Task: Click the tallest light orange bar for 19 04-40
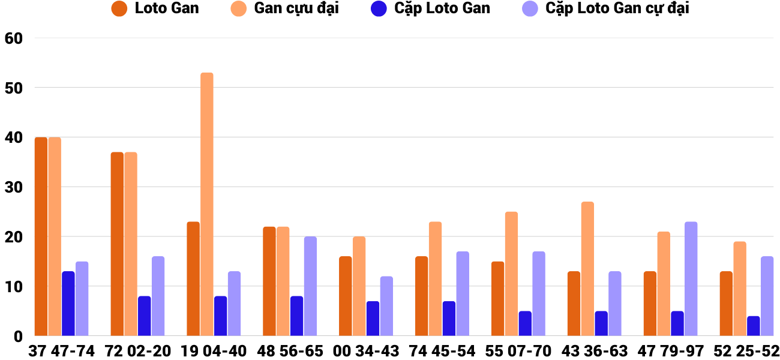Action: click(206, 204)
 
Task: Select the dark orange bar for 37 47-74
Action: click(41, 236)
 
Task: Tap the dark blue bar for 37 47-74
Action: click(68, 304)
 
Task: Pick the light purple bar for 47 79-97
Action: click(691, 279)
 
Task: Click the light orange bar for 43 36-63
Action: click(587, 269)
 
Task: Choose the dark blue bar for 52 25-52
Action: click(753, 326)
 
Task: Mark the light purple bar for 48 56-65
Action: click(310, 286)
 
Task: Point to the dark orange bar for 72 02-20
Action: click(117, 244)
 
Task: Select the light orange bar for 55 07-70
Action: click(511, 274)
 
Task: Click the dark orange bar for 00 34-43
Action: click(345, 296)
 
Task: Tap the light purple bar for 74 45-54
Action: click(463, 293)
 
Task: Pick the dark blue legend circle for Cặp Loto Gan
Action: click(379, 8)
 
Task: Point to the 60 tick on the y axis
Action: click(13, 38)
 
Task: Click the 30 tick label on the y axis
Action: click(13, 187)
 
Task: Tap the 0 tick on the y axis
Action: click(17, 337)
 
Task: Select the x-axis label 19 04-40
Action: click(214, 351)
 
